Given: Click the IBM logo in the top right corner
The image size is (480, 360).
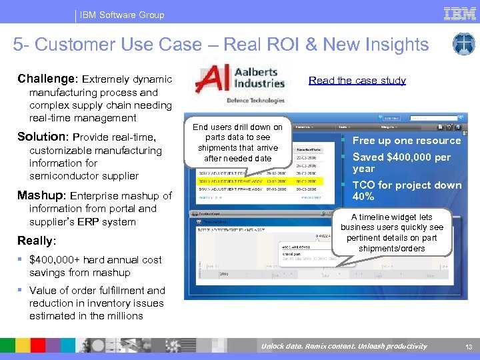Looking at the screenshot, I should pos(459,13).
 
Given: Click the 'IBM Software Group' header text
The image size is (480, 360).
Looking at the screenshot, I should pos(122,15).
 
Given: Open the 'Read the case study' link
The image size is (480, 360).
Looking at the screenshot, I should pos(357,81).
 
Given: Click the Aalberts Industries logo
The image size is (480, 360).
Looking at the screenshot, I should pos(240,79).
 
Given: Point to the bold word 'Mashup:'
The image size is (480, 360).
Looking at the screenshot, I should pos(42,196).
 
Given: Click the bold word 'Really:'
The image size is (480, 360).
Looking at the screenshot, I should pos(37,241).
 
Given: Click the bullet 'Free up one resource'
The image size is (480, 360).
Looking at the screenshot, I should pos(406,141).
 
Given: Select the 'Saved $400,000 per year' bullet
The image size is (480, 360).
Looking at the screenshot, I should pos(401,163).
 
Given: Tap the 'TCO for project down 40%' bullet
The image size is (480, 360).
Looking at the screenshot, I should pos(406,191).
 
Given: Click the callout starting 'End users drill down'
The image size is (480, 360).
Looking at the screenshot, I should pos(237,143).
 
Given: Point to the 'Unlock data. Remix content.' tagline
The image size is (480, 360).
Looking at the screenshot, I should pos(343,346).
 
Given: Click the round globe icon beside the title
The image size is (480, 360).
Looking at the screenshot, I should pos(463,44).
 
